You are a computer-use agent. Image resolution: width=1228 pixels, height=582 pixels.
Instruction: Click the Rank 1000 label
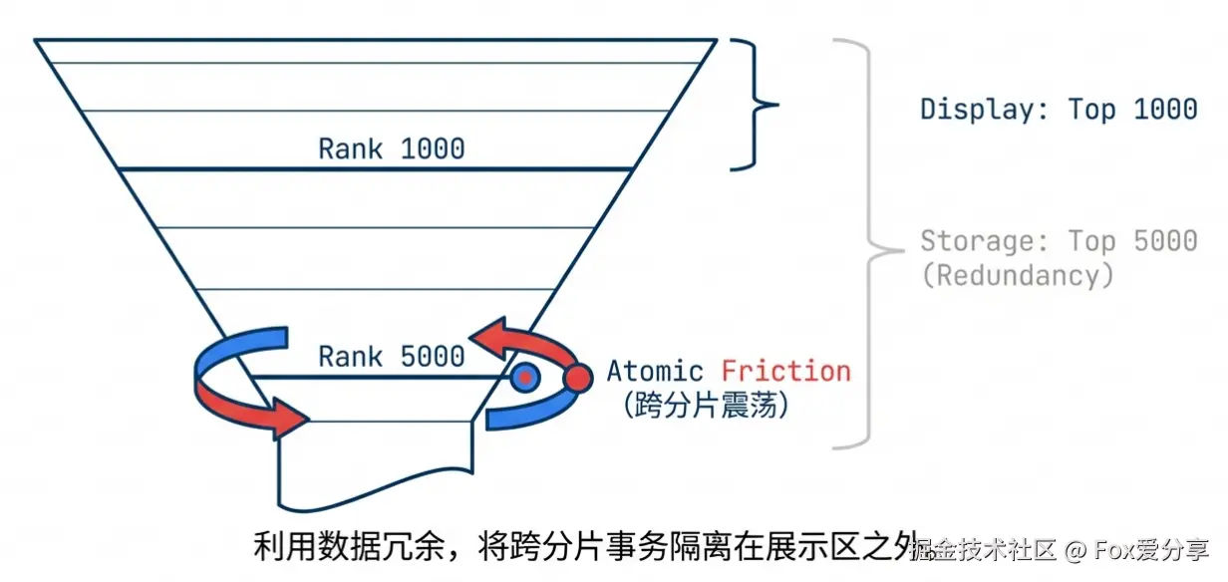click(392, 149)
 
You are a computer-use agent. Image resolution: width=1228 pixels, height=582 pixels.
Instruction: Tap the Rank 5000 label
click(392, 356)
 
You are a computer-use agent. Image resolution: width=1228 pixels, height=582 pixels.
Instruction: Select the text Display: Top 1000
click(1059, 109)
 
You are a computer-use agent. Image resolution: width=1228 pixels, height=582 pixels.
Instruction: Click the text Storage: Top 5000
click(1059, 241)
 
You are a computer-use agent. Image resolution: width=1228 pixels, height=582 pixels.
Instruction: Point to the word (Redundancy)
click(1017, 275)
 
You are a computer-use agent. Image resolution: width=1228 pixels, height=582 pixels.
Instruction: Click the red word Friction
click(786, 372)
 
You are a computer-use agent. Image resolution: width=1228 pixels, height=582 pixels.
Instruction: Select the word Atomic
click(655, 372)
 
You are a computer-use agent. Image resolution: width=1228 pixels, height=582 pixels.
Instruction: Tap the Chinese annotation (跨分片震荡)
click(703, 406)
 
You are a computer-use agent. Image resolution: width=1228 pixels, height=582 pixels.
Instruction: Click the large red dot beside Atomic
click(577, 378)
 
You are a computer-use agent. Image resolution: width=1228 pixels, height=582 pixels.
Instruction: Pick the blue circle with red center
click(524, 378)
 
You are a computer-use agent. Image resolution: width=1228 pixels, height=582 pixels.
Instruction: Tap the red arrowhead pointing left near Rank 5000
click(485, 339)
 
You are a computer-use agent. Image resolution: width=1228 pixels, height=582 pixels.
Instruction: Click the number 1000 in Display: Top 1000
click(1164, 109)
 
